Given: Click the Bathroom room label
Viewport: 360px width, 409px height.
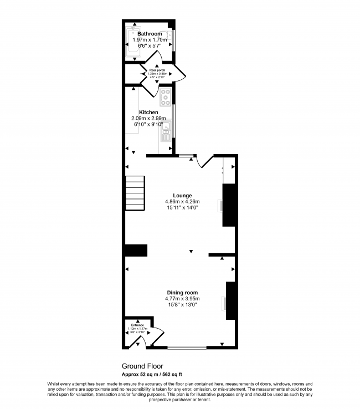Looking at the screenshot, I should point(150,34).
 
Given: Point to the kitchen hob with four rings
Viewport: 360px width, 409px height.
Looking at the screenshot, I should point(166,98).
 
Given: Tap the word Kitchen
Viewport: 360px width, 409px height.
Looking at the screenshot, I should point(148,113).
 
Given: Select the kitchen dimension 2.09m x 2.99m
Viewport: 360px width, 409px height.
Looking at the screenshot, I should point(148,118).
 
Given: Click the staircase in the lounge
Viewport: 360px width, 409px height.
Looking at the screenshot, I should point(135,193).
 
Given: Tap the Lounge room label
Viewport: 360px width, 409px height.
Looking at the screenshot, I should point(182,196).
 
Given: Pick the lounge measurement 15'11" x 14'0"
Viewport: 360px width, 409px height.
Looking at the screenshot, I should point(182,208).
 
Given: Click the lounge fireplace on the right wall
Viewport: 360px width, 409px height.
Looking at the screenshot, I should point(228,206).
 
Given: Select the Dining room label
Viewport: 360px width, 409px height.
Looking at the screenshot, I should point(182,293).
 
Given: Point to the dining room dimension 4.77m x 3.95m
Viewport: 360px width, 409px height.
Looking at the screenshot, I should point(182,299).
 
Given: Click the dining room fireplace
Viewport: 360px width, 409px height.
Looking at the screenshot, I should point(230,300).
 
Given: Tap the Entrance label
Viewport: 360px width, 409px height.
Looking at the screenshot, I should point(137,325).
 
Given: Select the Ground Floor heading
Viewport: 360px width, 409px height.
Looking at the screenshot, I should point(142,366).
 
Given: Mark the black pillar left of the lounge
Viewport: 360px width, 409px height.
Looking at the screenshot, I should point(136,250).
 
